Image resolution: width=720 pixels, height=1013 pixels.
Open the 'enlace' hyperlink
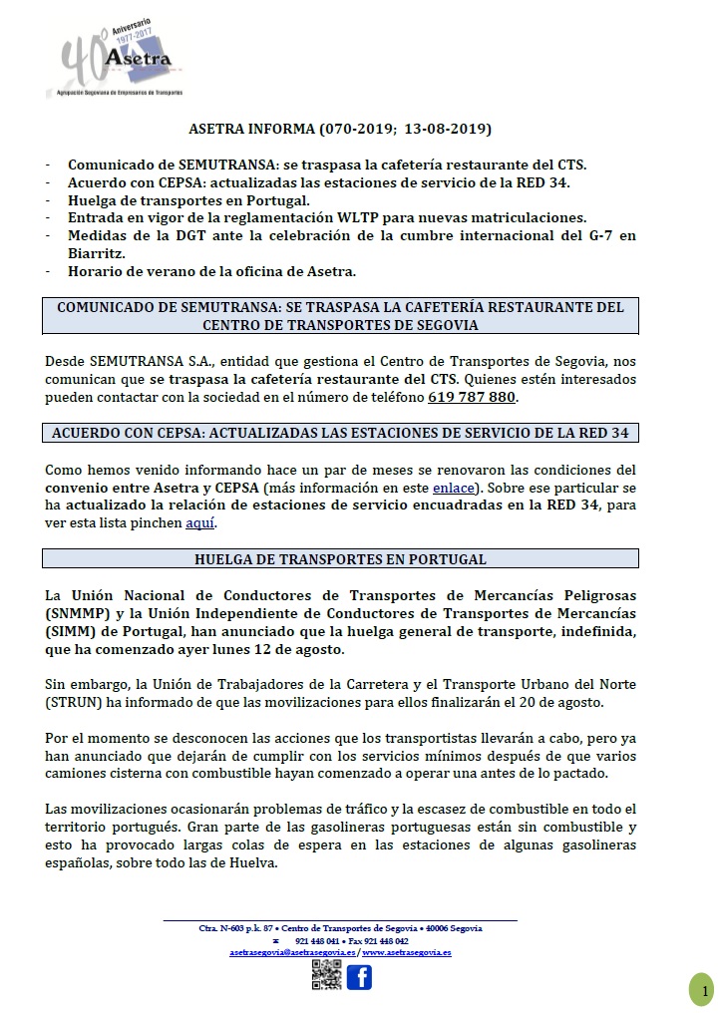point(454,488)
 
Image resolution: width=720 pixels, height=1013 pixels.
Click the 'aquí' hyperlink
point(200,522)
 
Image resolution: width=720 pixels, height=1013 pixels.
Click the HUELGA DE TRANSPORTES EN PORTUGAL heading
point(341,558)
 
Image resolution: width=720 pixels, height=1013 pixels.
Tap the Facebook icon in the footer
point(359,976)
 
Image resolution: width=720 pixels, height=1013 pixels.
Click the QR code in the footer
point(326,976)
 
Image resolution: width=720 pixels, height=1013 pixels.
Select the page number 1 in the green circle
point(703,990)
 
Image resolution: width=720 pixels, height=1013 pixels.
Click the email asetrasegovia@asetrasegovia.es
point(292,952)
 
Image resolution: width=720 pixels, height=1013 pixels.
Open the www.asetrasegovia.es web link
point(407,952)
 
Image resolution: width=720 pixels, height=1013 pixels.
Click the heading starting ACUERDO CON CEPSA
point(341,432)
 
